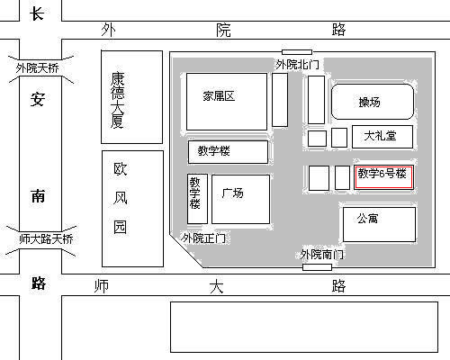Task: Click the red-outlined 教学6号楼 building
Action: tap(383, 176)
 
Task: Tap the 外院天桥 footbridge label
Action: tap(37, 68)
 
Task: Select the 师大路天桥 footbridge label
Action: tap(46, 239)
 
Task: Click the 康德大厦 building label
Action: tap(117, 100)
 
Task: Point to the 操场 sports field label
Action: tap(370, 103)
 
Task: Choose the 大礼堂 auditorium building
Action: tap(382, 137)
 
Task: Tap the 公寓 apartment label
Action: tap(367, 219)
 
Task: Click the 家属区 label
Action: tap(219, 96)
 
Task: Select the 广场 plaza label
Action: tap(232, 193)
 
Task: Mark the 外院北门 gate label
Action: tap(298, 65)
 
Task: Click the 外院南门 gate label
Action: tap(322, 255)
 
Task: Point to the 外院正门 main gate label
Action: tap(203, 238)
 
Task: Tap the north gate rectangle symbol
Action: tap(297, 52)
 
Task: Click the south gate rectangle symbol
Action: tap(317, 267)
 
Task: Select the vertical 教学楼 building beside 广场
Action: tap(197, 199)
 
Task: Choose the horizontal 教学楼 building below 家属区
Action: tap(228, 152)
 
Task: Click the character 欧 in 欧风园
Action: tap(121, 169)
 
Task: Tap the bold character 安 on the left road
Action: tap(38, 99)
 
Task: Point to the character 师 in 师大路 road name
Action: tap(102, 286)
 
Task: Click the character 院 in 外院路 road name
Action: tap(223, 31)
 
